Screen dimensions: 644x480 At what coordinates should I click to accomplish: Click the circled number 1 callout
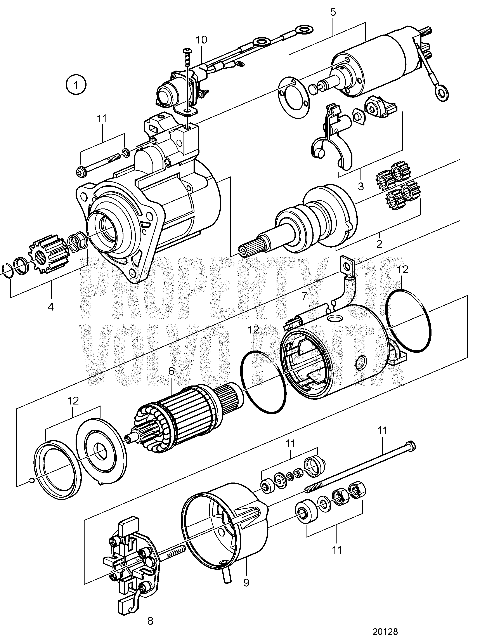[x=76, y=85]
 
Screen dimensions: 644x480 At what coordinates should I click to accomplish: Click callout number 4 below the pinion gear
[x=51, y=307]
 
